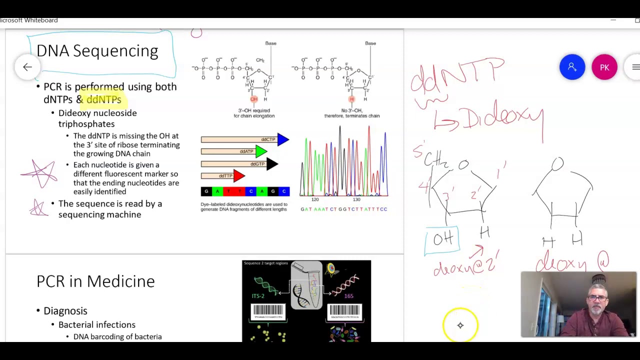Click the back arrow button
(x=27, y=67)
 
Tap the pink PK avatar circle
(x=604, y=67)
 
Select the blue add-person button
(x=572, y=67)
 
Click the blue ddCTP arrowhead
(x=283, y=139)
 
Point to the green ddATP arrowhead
(x=261, y=151)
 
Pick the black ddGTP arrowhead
(x=272, y=164)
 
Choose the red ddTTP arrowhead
(x=239, y=175)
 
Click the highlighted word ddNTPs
(x=103, y=99)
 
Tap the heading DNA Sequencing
(x=97, y=51)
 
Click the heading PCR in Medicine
(x=95, y=281)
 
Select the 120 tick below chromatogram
(x=315, y=199)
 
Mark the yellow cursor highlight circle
(x=460, y=325)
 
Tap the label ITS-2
(x=258, y=296)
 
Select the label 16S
(x=348, y=296)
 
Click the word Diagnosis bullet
(x=65, y=311)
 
